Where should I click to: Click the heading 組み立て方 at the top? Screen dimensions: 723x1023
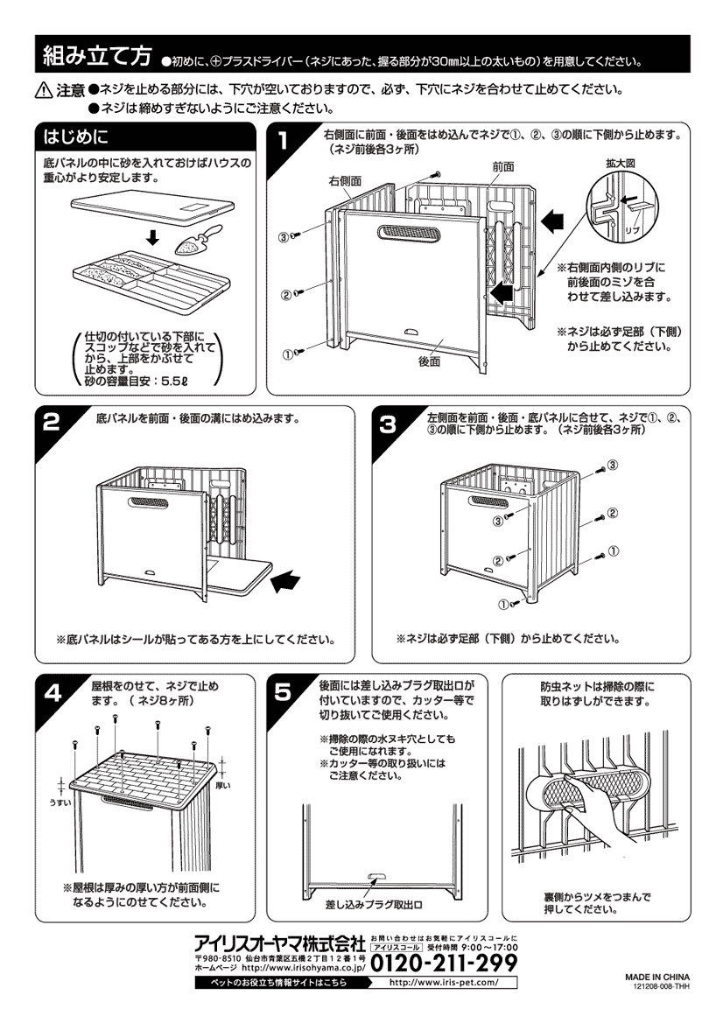point(96,56)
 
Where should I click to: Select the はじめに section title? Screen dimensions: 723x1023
point(75,137)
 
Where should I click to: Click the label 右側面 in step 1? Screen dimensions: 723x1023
point(345,181)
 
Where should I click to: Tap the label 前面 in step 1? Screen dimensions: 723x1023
point(503,167)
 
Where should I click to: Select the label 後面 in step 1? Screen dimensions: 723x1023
point(430,361)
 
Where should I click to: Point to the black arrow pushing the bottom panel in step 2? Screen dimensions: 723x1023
point(286,581)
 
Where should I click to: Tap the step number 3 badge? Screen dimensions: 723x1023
point(388,424)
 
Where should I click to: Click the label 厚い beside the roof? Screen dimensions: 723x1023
point(222,785)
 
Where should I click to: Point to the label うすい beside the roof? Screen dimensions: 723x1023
point(60,802)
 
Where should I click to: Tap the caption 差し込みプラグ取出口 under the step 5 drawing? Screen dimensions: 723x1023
point(374,905)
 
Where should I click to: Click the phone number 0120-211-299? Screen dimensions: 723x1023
point(444,963)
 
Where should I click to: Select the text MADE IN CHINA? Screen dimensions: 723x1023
point(657,977)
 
